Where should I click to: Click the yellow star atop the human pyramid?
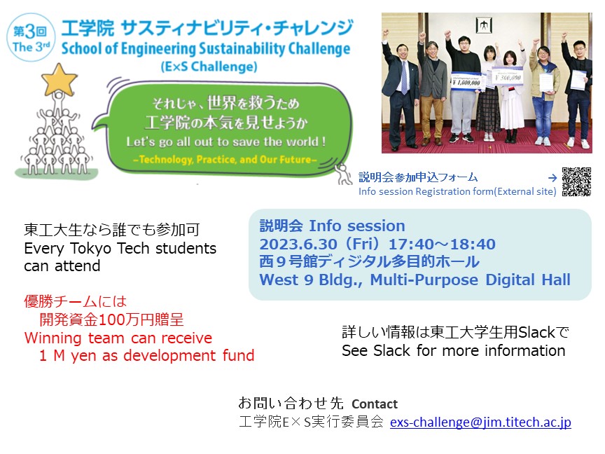point(59,80)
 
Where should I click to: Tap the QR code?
point(576,182)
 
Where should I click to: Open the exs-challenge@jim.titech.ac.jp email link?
point(480,422)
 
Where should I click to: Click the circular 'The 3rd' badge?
point(31,37)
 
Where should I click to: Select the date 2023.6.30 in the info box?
point(298,244)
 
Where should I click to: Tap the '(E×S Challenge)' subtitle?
point(209,67)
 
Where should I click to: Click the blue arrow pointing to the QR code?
point(552,177)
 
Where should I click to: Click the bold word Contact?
point(374,404)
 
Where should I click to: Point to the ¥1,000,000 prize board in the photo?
point(466,81)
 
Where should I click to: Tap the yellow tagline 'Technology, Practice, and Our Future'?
point(225,160)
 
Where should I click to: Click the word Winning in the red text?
point(53,338)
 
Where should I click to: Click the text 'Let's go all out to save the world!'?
point(226,142)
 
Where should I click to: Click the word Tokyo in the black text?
point(90,248)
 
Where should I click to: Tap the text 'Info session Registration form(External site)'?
point(457,191)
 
